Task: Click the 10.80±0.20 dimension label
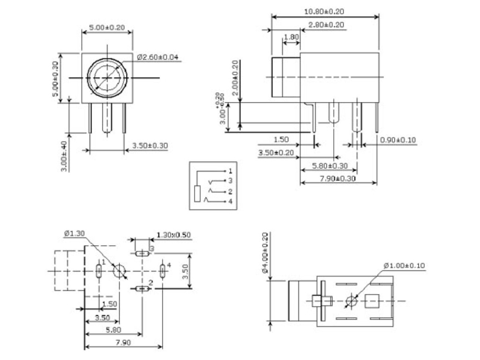point(324,11)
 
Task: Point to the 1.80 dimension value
point(292,37)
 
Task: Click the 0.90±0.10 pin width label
point(398,140)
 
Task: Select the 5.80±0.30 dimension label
point(330,165)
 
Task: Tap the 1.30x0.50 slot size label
point(173,235)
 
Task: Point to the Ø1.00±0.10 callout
point(404,266)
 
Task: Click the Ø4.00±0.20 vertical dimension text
point(264,253)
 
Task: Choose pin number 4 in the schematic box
point(230,202)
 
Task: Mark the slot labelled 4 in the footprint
point(162,271)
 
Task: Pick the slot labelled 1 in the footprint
point(99,271)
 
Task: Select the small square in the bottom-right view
point(373,300)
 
